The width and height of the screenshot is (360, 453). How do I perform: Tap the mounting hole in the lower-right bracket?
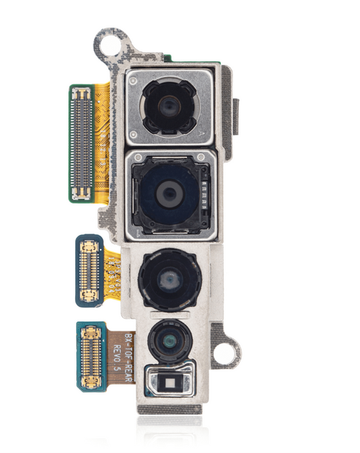[227, 352]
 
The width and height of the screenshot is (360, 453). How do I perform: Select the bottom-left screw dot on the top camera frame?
[134, 132]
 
